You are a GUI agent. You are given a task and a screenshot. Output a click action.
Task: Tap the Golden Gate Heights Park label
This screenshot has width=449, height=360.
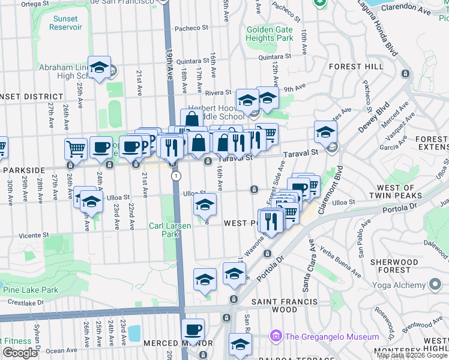pyautogui.click(x=269, y=34)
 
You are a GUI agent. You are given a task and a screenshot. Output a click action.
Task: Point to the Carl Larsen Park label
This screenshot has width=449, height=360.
pyautogui.click(x=164, y=230)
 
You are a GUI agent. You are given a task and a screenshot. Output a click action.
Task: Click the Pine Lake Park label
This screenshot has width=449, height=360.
pyautogui.click(x=30, y=290)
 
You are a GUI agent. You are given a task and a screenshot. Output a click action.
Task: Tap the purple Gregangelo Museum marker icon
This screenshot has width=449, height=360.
pyautogui.click(x=276, y=336)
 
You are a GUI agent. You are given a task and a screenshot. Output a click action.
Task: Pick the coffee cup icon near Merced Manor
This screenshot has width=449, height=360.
pyautogui.click(x=193, y=329)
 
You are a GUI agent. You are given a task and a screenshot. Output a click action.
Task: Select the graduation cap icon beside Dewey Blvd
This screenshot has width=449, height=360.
pyautogui.click(x=325, y=131)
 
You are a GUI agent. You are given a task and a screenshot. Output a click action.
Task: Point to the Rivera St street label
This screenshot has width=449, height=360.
pyautogui.click(x=218, y=92)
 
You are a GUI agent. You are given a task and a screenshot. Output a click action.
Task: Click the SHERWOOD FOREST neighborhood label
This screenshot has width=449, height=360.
pyautogui.click(x=394, y=266)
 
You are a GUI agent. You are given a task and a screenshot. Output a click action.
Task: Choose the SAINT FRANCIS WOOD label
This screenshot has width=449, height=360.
pyautogui.click(x=274, y=305)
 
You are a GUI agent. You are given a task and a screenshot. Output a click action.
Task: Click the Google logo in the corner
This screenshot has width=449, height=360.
pyautogui.click(x=19, y=352)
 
